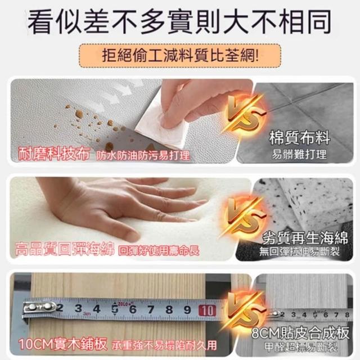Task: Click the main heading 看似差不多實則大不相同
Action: pyautogui.click(x=180, y=22)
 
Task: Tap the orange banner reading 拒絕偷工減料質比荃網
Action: pyautogui.click(x=180, y=56)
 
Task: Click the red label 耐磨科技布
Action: pyautogui.click(x=54, y=154)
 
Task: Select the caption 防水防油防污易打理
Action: pyautogui.click(x=143, y=156)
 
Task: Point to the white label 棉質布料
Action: pyautogui.click(x=300, y=138)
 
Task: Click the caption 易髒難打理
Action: pyautogui.click(x=299, y=154)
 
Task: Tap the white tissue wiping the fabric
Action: pyautogui.click(x=162, y=124)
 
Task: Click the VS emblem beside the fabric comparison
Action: pyautogui.click(x=246, y=115)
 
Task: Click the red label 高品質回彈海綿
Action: pyautogui.click(x=65, y=249)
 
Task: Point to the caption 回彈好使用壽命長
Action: pyautogui.click(x=159, y=251)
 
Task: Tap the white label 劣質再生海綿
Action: pyautogui.click(x=305, y=238)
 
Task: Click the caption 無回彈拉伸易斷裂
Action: pyautogui.click(x=299, y=251)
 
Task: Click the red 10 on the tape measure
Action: pyautogui.click(x=208, y=310)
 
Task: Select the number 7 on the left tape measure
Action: pyautogui.click(x=151, y=309)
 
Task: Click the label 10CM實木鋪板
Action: pyautogui.click(x=62, y=344)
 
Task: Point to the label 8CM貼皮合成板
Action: pyautogui.click(x=300, y=332)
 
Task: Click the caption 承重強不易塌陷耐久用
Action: pyautogui.click(x=164, y=345)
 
